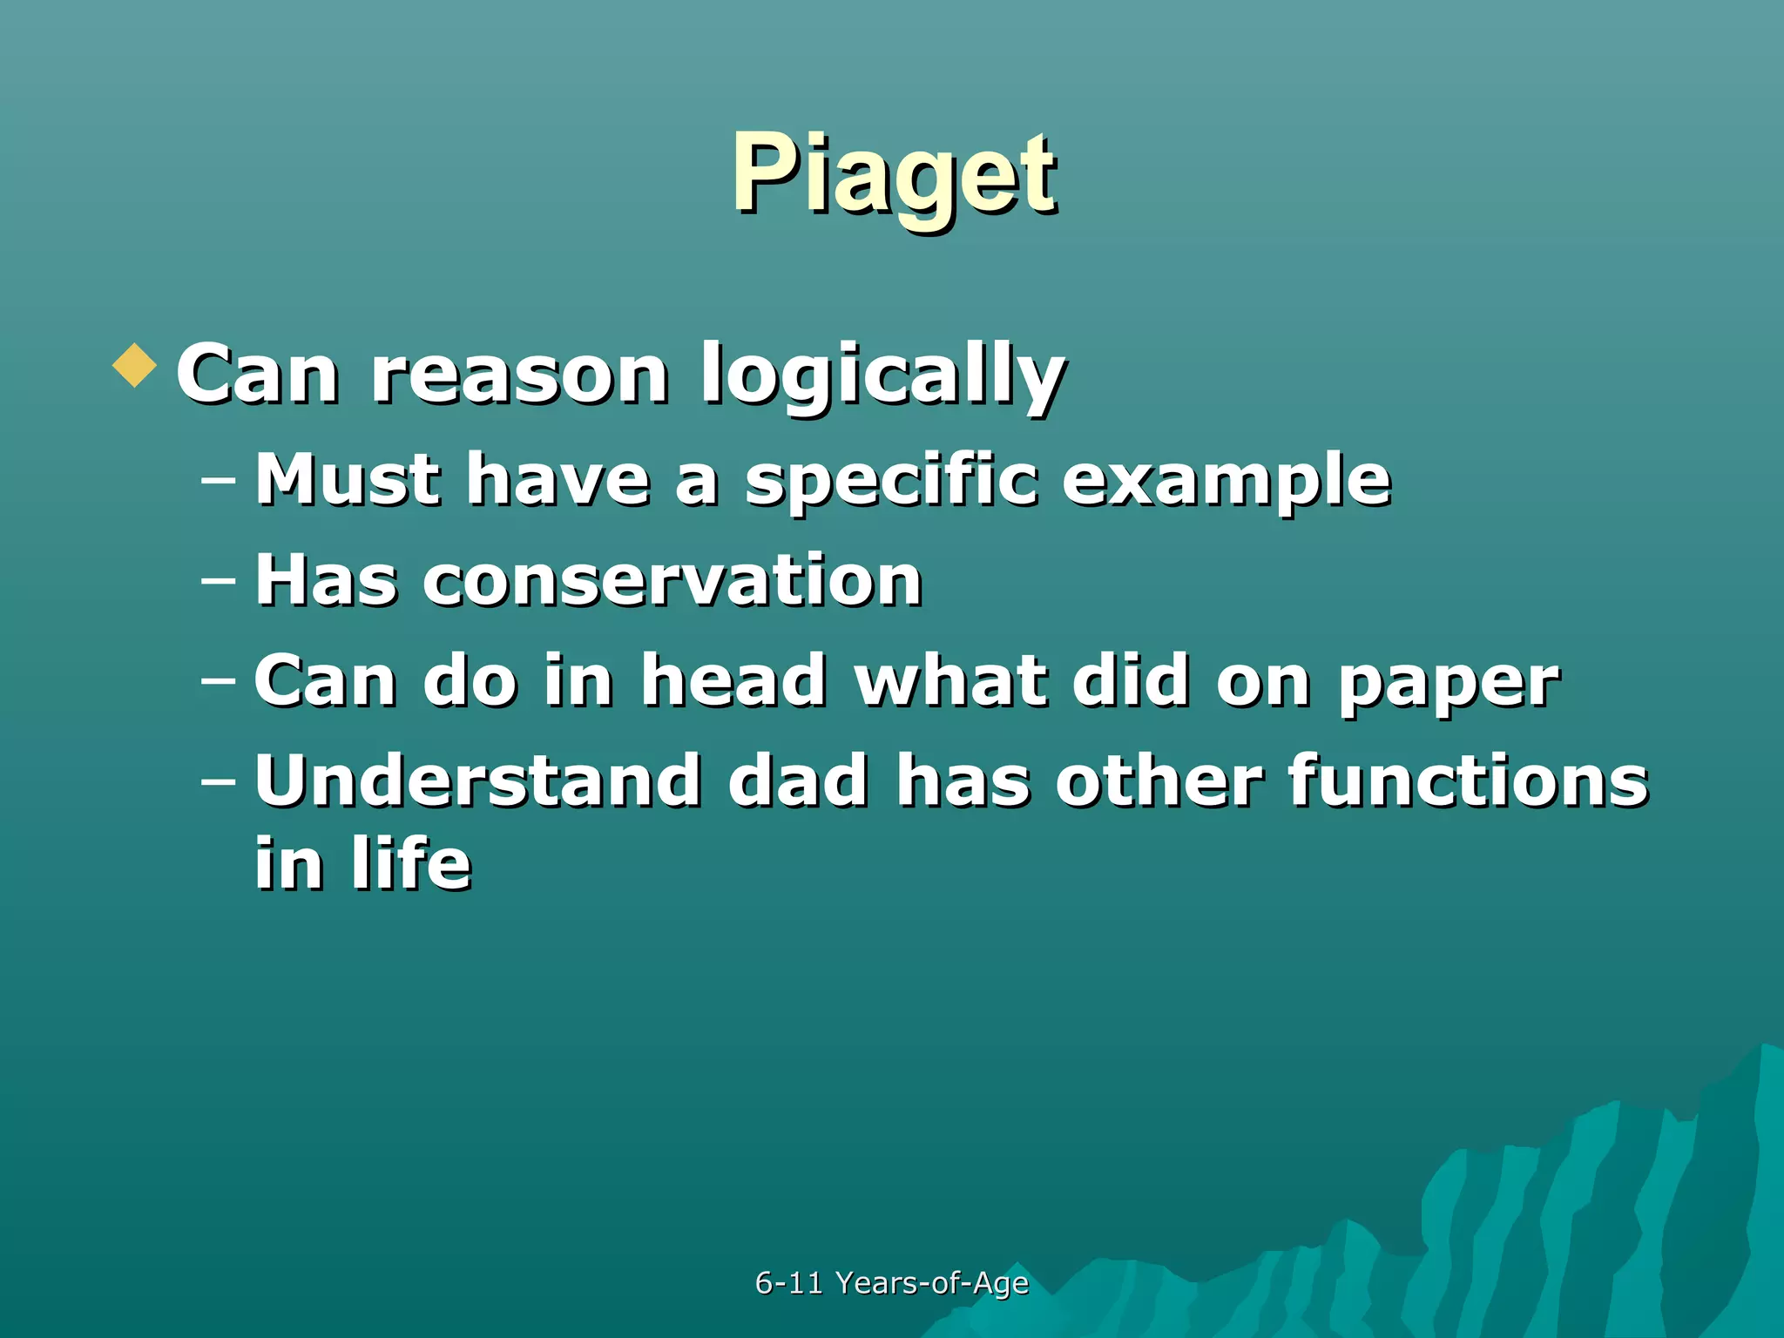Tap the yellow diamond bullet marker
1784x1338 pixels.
coord(135,365)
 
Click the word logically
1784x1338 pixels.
coord(882,375)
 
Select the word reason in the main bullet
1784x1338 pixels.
coord(519,375)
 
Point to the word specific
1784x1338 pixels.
coord(891,480)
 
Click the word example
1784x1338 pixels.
coord(1226,480)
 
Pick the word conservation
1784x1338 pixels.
coord(672,580)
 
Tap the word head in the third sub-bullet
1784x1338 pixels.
coord(733,680)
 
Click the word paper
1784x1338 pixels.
coord(1448,682)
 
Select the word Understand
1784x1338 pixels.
coord(477,780)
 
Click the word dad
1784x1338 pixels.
coord(798,780)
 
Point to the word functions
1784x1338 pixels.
coord(1467,780)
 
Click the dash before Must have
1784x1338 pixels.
coord(218,480)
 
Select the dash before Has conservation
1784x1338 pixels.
coord(218,580)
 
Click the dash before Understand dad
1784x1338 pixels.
coord(218,781)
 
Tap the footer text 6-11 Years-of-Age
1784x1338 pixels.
coord(891,1282)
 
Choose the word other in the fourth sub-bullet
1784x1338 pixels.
coord(1158,780)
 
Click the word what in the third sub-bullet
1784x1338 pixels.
coord(949,680)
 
